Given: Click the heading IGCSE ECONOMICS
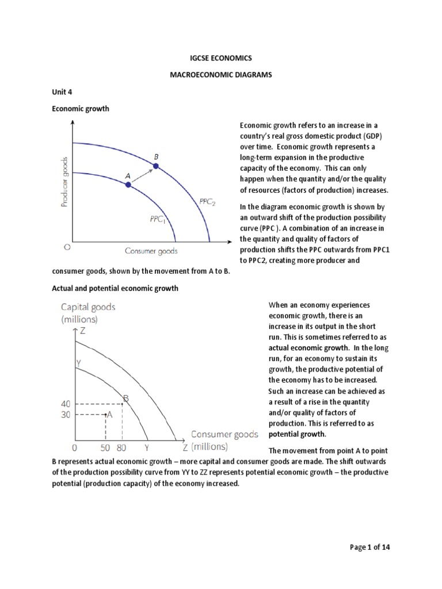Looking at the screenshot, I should [221, 58].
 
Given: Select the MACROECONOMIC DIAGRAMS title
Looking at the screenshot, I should [221, 75].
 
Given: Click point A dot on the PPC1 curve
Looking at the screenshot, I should [128, 185].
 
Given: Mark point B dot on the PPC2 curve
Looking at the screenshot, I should [155, 166].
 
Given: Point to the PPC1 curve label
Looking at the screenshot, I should [157, 219].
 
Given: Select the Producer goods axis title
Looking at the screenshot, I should [64, 181].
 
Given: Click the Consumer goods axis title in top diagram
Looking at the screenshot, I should [151, 251].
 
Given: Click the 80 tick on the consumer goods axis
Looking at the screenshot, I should [121, 447].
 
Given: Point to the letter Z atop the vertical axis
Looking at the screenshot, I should [83, 331].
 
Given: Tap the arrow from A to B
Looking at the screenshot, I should [141, 175].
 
